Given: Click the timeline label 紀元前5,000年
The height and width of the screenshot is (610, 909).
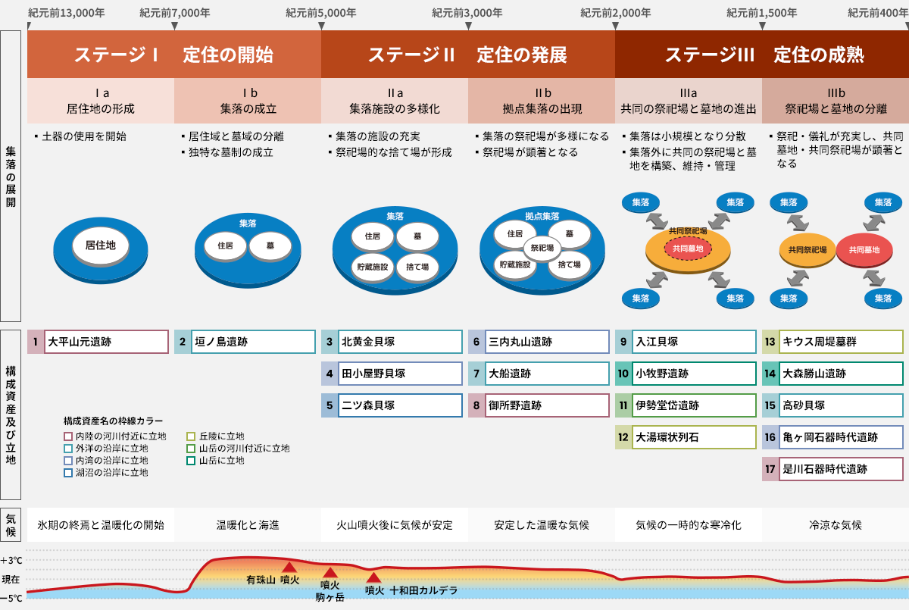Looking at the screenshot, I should pyautogui.click(x=321, y=13).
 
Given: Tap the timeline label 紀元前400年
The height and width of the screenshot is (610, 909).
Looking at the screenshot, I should pyautogui.click(x=878, y=13).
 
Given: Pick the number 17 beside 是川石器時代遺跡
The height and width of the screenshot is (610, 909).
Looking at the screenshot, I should pyautogui.click(x=770, y=469).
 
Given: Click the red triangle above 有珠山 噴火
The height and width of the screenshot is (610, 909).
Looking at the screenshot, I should pyautogui.click(x=289, y=567).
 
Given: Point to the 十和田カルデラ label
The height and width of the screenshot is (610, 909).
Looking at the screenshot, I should pyautogui.click(x=424, y=590).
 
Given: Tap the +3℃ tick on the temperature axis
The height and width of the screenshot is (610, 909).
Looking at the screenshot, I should pyautogui.click(x=11, y=561).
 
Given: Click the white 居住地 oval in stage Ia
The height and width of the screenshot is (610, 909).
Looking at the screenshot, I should pyautogui.click(x=100, y=246).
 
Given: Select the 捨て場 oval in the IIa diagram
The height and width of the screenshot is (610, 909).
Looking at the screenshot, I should pyautogui.click(x=418, y=267).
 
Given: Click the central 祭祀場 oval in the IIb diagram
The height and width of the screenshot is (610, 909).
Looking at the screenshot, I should pyautogui.click(x=541, y=247).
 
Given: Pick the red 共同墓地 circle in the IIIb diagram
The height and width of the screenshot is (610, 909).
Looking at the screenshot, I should pyautogui.click(x=864, y=249).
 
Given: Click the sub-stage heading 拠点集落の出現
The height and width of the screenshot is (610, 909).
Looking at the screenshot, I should pyautogui.click(x=542, y=108).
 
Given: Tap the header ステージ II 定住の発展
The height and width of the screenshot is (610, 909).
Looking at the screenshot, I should pyautogui.click(x=467, y=55).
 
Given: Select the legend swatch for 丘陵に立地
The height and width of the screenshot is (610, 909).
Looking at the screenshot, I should pyautogui.click(x=192, y=436).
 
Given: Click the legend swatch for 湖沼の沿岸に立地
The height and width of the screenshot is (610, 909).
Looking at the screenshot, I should pyautogui.click(x=68, y=473).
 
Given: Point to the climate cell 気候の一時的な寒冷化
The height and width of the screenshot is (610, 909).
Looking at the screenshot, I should pyautogui.click(x=688, y=525).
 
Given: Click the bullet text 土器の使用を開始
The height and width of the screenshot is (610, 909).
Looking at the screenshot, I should pyautogui.click(x=84, y=136).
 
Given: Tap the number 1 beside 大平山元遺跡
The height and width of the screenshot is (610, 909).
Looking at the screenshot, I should pyautogui.click(x=36, y=342).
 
